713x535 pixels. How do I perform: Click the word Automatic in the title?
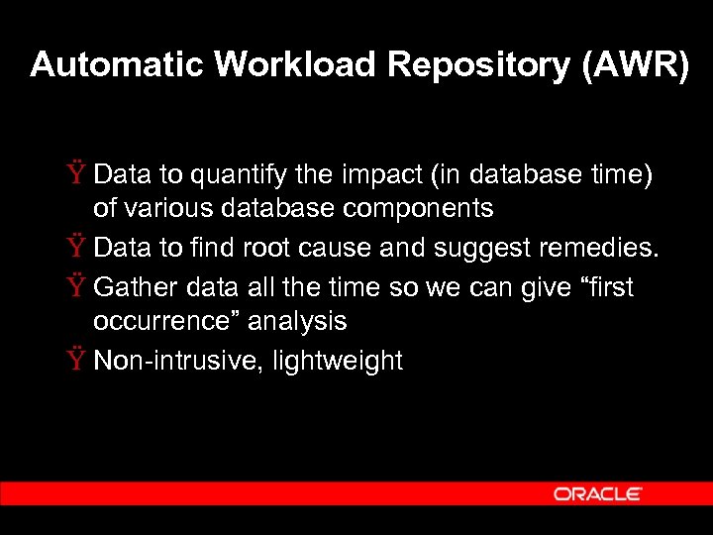[117, 64]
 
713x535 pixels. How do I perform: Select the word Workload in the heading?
[296, 64]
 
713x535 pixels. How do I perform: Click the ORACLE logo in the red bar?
[598, 493]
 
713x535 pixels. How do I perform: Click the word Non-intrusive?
[164, 361]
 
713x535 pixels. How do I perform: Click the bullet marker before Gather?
[77, 287]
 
